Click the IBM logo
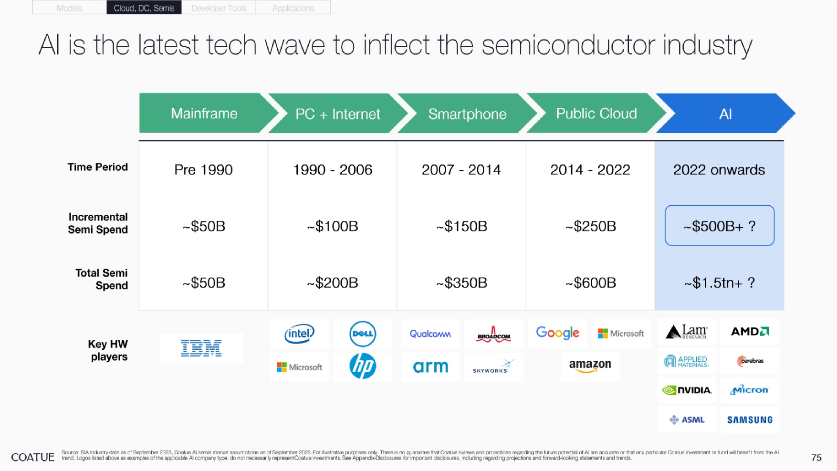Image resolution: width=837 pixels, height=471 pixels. pos(201,348)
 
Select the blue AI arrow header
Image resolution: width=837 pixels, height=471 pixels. pos(725,113)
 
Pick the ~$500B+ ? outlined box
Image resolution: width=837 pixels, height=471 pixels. pos(720,226)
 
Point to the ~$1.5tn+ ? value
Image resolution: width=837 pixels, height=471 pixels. pos(720,283)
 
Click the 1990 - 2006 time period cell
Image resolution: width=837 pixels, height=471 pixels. pos(333,170)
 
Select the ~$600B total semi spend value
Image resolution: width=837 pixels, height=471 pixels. pos(591,283)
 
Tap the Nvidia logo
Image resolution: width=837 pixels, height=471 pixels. pos(687,390)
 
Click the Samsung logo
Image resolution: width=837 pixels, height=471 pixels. pos(750,420)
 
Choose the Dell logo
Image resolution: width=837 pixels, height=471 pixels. pos(363,334)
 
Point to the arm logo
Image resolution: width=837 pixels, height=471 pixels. pos(430,366)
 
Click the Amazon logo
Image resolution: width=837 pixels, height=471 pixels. pos(590,366)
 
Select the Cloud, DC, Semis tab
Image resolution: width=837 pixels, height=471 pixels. pos(144,8)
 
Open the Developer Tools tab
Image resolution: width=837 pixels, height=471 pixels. pos(219,8)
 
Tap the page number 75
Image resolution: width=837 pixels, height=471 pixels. pos(816,458)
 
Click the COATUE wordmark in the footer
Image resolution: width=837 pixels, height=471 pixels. pos(33,457)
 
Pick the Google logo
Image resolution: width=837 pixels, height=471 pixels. pos(557,333)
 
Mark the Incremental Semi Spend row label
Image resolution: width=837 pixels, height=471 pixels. pos(98,223)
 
